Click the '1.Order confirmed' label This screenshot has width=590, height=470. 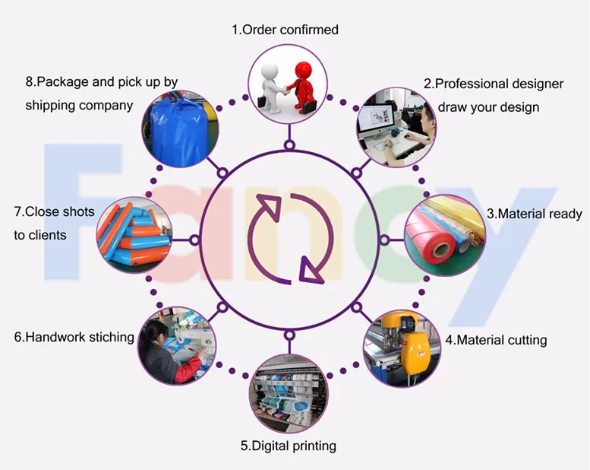[x=285, y=30]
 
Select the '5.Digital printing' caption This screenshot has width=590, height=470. [x=288, y=446]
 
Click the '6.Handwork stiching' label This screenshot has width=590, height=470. [x=74, y=336]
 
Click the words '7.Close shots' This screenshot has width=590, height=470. [x=54, y=211]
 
